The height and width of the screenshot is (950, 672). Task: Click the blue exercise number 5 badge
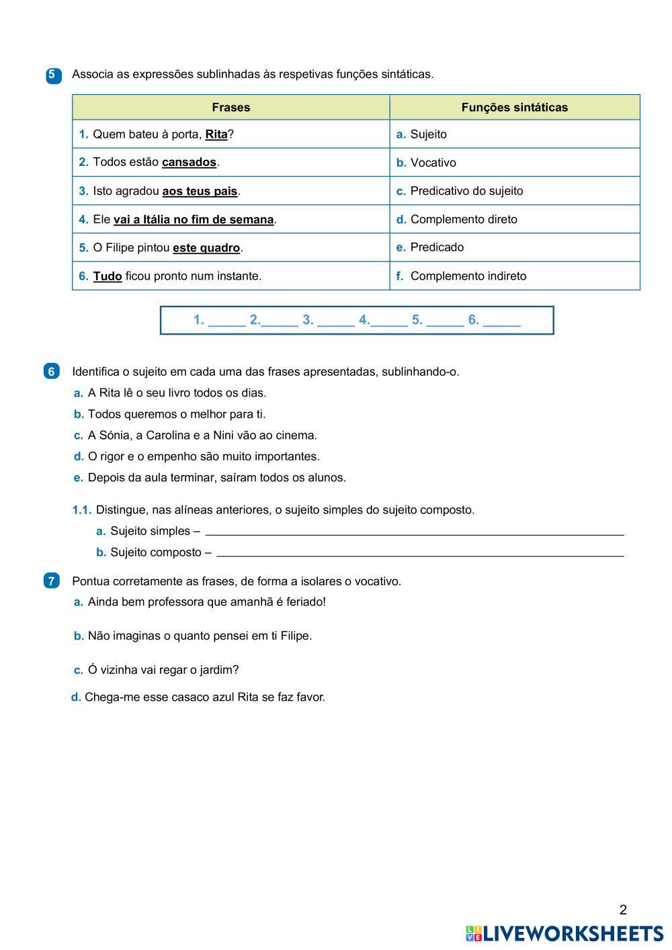(x=53, y=75)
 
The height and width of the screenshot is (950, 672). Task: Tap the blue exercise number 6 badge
(x=52, y=372)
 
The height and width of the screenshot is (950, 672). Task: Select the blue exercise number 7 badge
(x=52, y=581)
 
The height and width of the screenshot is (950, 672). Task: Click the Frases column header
(x=230, y=107)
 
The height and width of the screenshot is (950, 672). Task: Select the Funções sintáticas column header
(x=514, y=107)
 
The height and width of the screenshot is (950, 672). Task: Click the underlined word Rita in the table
(x=216, y=134)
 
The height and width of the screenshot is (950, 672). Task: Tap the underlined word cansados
(x=189, y=163)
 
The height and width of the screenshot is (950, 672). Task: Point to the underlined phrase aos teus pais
(x=200, y=191)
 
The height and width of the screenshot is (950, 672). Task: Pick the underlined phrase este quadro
(x=206, y=248)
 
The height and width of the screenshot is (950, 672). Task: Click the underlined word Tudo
(x=108, y=276)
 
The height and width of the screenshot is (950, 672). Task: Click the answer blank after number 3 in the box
(x=336, y=320)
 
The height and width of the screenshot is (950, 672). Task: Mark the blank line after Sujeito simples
(x=414, y=531)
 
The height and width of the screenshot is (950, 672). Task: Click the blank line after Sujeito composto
(x=420, y=553)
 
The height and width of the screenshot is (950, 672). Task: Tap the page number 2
(x=623, y=910)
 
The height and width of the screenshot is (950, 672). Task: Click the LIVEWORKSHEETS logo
(x=564, y=933)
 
